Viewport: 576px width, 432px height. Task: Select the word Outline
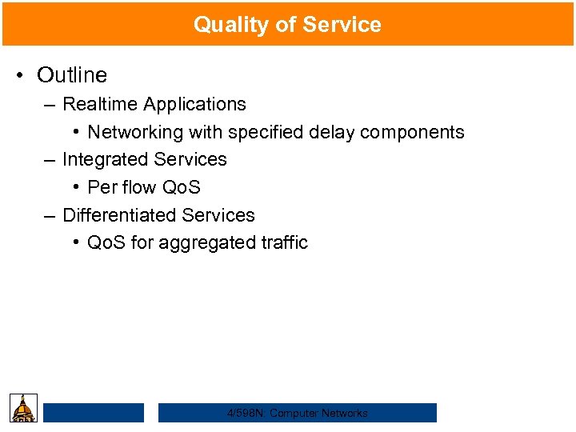pos(72,75)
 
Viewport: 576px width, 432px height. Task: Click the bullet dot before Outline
pos(21,75)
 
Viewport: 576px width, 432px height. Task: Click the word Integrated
pos(102,160)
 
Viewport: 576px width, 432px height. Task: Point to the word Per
pos(102,188)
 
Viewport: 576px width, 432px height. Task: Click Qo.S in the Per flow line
pos(181,188)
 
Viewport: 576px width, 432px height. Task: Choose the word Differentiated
pos(119,216)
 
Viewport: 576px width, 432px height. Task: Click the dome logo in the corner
pos(24,409)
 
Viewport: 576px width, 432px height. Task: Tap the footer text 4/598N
pos(246,414)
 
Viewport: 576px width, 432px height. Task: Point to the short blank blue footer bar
pos(94,413)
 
